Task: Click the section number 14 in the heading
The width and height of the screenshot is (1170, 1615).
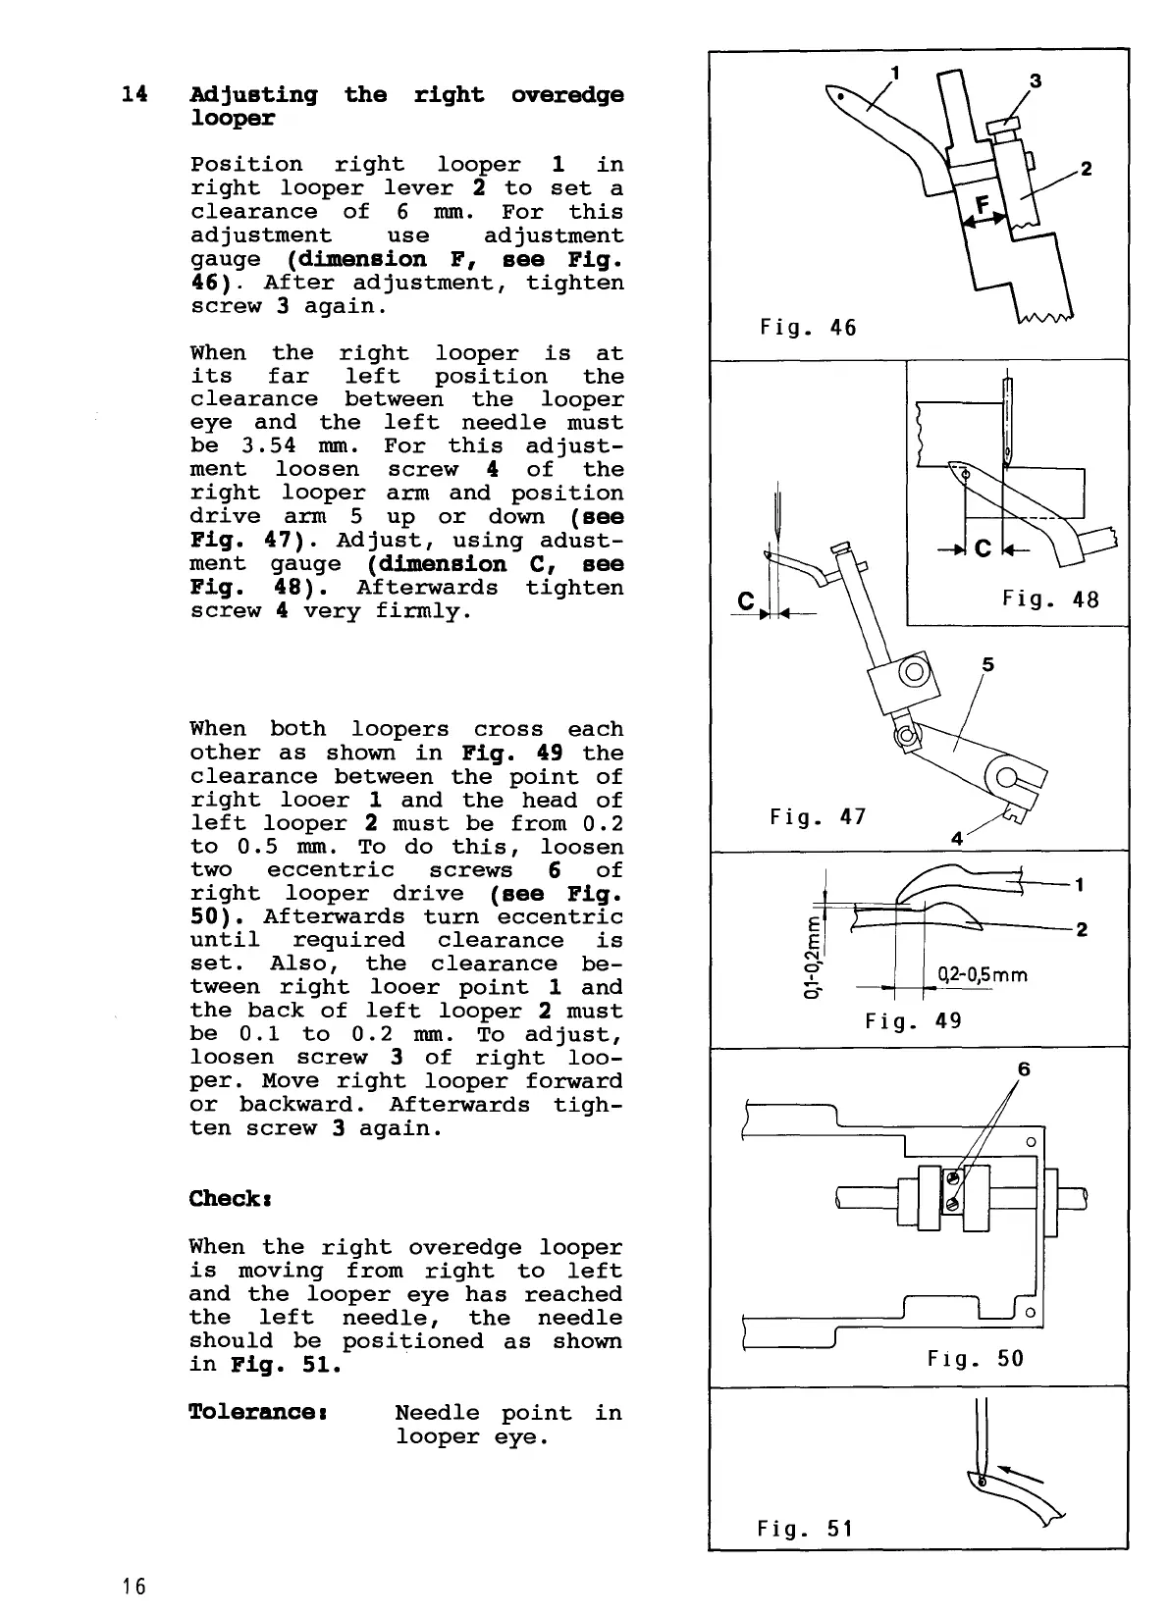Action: (134, 95)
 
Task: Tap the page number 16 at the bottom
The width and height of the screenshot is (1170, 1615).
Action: (134, 1586)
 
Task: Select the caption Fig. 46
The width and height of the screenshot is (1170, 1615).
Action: (808, 328)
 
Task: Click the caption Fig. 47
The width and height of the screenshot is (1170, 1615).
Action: (817, 816)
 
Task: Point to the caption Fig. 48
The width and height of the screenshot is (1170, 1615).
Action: (1050, 599)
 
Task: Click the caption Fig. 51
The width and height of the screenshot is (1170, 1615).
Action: (805, 1529)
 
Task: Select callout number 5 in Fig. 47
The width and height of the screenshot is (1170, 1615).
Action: (987, 665)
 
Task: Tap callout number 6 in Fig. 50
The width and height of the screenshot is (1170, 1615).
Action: (1024, 1068)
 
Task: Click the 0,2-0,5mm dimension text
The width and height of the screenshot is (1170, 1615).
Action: (982, 975)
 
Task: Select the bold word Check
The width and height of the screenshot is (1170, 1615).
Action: (225, 1199)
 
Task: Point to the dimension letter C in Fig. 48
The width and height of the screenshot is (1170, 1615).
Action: (982, 547)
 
